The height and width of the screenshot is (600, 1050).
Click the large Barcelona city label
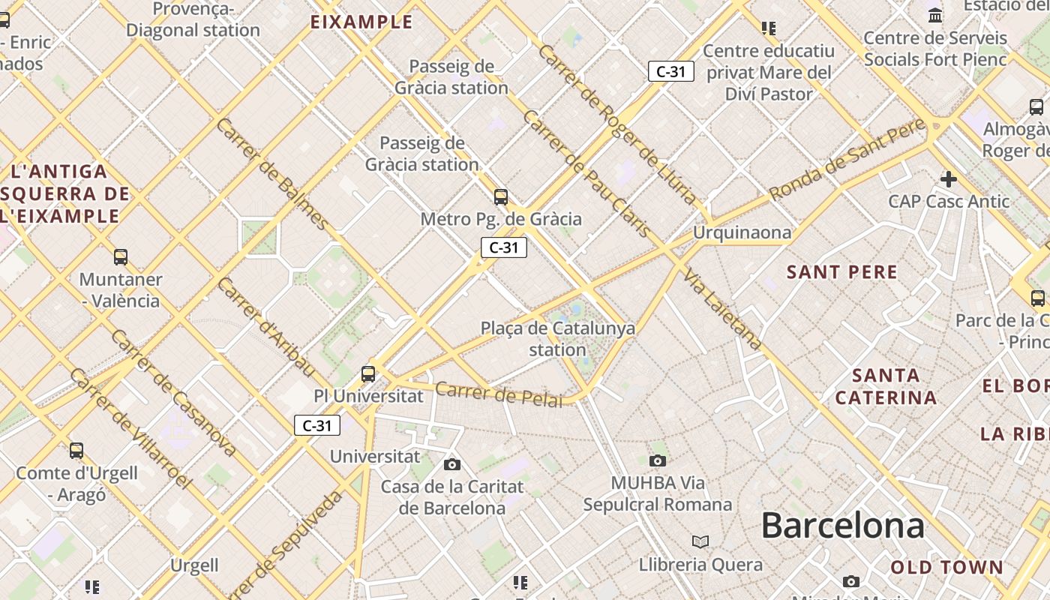[842, 526]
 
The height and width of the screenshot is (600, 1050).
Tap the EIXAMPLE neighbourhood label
[361, 22]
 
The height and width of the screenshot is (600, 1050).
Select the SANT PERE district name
[841, 272]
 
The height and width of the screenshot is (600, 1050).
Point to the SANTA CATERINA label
[886, 386]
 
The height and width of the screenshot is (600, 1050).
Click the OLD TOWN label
[946, 567]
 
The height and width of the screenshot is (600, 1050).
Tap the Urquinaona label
[741, 232]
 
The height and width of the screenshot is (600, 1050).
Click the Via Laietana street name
[722, 308]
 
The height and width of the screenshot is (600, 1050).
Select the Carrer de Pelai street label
[498, 394]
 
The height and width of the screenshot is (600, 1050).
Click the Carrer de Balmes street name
[271, 173]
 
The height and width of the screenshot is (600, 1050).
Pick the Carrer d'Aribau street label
[266, 326]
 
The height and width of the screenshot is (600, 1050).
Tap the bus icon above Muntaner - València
[121, 257]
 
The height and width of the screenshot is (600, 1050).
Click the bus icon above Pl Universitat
[368, 373]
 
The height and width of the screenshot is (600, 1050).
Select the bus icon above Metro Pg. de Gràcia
[501, 197]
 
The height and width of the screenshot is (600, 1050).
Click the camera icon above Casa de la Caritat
[452, 464]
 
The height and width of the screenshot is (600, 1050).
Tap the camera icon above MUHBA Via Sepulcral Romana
[658, 460]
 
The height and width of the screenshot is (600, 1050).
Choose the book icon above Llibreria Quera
[700, 541]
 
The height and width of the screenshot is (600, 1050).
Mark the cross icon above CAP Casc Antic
[949, 179]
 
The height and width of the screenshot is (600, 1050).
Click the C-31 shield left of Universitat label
[317, 426]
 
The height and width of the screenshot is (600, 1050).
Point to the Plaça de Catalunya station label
[557, 339]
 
